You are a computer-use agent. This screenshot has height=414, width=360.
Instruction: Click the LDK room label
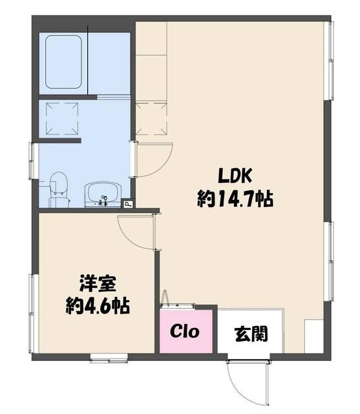coord(235,175)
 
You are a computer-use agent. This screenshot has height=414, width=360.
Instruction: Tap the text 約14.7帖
coord(235,199)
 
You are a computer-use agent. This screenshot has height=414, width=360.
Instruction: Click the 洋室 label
coord(98,284)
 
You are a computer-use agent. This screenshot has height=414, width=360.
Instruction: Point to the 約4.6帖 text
coord(98,306)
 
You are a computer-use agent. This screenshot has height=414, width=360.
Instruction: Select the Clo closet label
coord(185,331)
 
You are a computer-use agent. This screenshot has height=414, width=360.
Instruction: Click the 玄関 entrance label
coord(251,334)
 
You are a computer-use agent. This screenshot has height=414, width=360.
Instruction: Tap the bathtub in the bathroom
coord(63,62)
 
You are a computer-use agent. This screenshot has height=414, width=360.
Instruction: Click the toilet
coord(59,190)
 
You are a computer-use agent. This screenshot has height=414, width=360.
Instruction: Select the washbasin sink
coord(103,194)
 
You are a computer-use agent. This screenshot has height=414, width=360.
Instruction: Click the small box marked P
coord(128,203)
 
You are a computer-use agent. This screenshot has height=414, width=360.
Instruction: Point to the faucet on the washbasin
coord(103,201)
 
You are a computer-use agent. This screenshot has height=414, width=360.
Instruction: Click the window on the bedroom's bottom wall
coord(109,358)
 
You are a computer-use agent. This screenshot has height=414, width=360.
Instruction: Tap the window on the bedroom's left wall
coord(33,313)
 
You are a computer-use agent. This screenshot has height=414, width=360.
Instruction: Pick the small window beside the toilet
coord(33,160)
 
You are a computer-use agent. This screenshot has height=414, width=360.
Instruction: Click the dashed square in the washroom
coord(62,118)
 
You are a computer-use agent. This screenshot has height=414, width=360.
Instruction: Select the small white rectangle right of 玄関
coord(313,336)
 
